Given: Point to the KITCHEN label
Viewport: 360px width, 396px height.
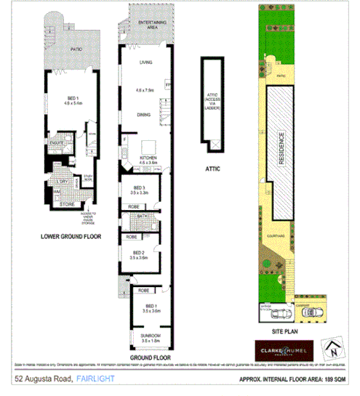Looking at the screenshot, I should coord(148,157).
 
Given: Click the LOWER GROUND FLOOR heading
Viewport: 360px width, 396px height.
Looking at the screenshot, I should coord(70,236).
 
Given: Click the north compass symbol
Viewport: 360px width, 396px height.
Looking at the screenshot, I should coord(333,348).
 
